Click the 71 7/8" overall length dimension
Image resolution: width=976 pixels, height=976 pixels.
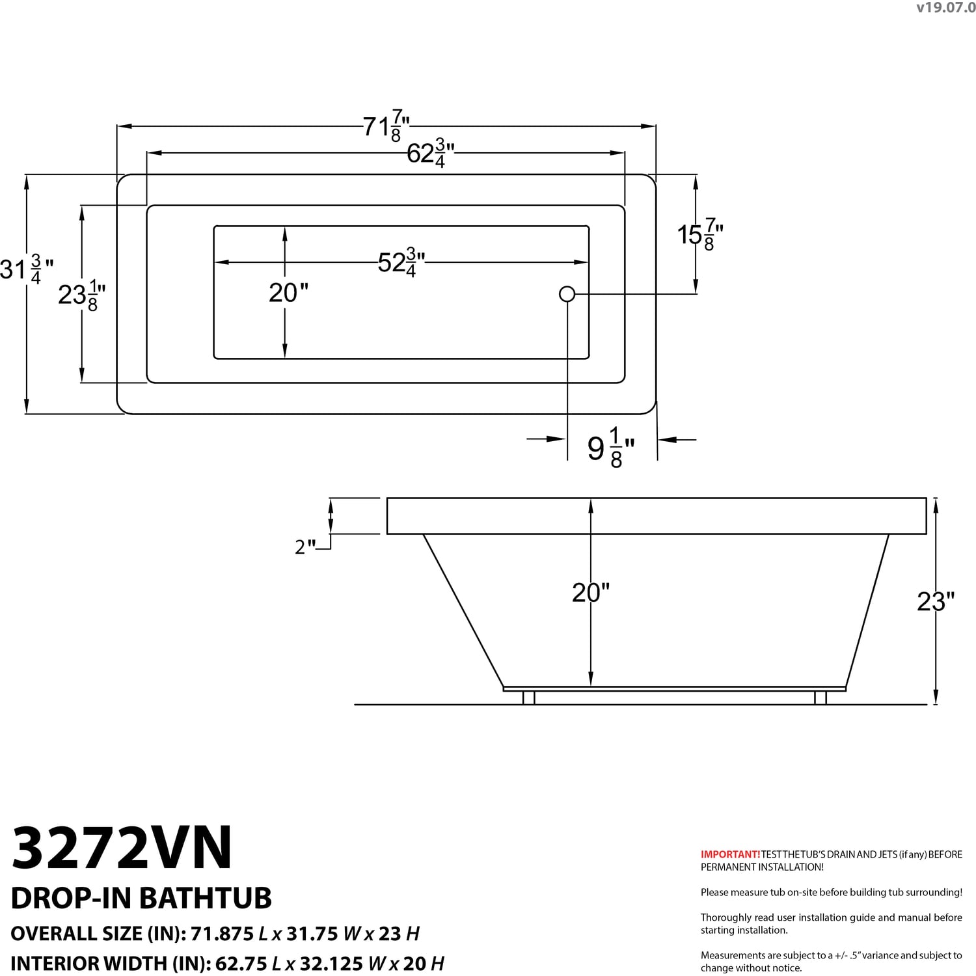coord(386,126)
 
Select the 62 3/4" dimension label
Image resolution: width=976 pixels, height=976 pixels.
coord(430,154)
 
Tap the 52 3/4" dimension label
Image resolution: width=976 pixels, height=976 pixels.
coord(401,262)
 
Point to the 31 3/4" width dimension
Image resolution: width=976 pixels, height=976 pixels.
coord(27,269)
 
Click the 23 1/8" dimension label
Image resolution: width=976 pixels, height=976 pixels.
coord(82,295)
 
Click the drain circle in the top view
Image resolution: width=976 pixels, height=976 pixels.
coord(567,294)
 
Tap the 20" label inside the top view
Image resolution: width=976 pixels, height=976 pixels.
coord(288,293)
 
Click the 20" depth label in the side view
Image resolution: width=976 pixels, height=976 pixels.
coord(591,592)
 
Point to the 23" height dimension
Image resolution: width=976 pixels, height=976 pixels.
coord(936,601)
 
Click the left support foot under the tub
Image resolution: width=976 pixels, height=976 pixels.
coord(529,698)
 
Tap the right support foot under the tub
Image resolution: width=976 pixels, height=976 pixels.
coord(820,698)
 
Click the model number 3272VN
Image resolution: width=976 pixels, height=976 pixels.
coord(122,847)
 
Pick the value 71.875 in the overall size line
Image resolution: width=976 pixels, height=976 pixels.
coord(222,934)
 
